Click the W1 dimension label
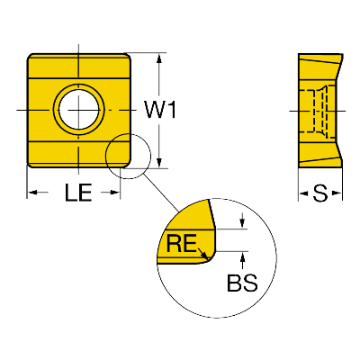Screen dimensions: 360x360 [160, 110]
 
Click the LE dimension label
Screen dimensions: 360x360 [78, 193]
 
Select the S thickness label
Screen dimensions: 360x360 [320, 193]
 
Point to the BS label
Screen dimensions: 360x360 [242, 283]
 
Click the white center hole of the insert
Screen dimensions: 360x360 [79, 109]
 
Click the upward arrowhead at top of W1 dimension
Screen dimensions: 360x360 [159, 58]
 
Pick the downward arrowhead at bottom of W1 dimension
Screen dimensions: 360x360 [159, 162]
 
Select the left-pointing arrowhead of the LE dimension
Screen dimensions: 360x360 [32, 193]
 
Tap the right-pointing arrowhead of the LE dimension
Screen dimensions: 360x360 [115, 193]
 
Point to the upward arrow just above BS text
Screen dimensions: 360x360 [242, 260]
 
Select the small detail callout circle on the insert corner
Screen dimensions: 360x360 [105, 156]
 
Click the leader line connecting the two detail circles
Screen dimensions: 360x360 [161, 193]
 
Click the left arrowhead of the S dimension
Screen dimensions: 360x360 [303, 193]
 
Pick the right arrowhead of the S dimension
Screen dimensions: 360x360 [337, 193]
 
